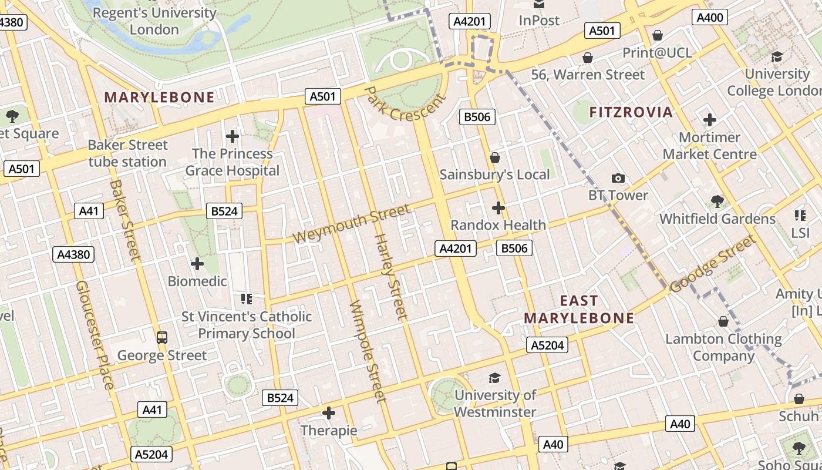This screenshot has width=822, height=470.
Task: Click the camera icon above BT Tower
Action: [618, 178]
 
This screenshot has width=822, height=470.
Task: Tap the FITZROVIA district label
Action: [631, 112]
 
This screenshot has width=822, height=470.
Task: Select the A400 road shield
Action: [709, 18]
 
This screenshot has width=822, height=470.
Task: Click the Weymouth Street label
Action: [351, 223]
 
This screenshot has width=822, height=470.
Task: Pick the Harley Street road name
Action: [390, 276]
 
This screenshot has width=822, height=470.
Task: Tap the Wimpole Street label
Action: [368, 351]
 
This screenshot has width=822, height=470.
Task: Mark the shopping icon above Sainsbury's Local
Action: [495, 157]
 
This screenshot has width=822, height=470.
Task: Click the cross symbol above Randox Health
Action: [498, 207]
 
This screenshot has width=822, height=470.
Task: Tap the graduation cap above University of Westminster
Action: [495, 378]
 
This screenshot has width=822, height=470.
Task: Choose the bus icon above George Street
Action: [162, 338]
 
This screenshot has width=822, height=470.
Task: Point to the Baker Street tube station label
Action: [128, 153]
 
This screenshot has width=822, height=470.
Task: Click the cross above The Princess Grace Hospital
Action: [233, 136]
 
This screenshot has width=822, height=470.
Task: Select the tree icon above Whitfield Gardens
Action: [717, 202]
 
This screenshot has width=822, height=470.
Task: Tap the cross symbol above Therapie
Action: [329, 413]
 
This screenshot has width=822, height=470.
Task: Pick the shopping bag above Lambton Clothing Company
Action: [723, 321]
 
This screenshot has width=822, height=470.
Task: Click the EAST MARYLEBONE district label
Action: [579, 310]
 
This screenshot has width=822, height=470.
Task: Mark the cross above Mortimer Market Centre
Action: [710, 120]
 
